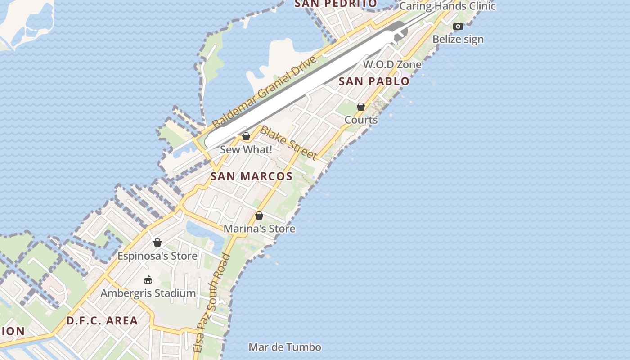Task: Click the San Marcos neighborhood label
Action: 252,176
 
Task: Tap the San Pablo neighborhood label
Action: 374,81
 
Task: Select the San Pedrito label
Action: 336,4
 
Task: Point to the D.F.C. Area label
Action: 102,321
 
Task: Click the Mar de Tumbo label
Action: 285,347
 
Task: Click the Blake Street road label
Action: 289,143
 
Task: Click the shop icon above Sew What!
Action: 246,136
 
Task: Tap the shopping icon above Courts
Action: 361,107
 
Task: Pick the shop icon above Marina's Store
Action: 259,216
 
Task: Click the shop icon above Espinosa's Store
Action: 157,243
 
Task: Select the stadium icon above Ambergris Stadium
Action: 148,280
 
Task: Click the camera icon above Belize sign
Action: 458,26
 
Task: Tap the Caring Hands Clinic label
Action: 447,6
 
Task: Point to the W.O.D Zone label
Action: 392,64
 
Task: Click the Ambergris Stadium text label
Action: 148,293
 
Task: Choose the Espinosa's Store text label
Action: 157,256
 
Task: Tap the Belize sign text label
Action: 458,40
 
